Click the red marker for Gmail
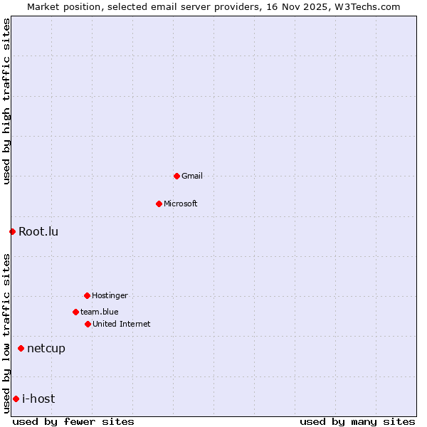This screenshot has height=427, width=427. point(176,176)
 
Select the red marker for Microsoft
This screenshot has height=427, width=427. point(159,204)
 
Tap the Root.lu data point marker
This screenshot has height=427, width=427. point(12,231)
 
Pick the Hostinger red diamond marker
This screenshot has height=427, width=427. point(87,295)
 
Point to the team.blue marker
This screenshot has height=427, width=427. point(75,312)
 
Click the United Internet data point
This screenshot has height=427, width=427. point(88,324)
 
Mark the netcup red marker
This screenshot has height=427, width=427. point(21,348)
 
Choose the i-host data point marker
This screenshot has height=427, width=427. point(16,399)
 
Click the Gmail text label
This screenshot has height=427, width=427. point(192,176)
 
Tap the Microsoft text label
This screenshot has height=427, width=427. point(181,204)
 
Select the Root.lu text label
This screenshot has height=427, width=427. point(38,231)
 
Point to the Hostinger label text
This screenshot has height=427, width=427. point(110,295)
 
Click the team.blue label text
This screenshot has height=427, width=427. point(100,312)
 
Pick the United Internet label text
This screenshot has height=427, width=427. point(122,324)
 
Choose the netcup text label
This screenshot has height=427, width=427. point(46,348)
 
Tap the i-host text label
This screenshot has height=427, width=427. point(38,399)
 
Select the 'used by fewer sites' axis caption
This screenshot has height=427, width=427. point(73,421)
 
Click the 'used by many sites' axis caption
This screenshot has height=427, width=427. point(357,421)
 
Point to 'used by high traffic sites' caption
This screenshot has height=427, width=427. point(6,101)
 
